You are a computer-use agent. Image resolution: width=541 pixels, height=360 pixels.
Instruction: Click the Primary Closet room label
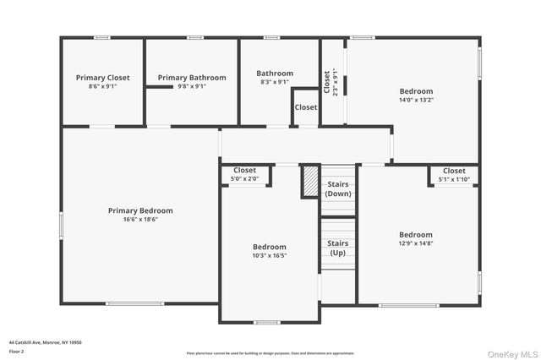(x=102, y=78)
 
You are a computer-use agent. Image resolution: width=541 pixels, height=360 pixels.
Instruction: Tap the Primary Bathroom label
(x=192, y=78)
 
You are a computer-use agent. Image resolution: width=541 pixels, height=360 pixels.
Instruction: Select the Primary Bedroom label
(x=140, y=210)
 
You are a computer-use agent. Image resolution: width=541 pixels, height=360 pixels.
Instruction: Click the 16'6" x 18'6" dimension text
(x=140, y=220)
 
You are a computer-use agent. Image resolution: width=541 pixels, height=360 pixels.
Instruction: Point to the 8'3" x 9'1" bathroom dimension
(x=275, y=83)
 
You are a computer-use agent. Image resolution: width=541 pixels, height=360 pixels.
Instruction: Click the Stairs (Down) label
(x=338, y=188)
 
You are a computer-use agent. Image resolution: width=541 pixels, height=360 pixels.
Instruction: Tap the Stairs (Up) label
(x=337, y=248)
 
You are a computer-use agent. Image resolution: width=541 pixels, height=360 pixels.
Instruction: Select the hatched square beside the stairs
(x=310, y=182)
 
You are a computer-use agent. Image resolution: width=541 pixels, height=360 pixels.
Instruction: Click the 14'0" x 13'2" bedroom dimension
(x=416, y=100)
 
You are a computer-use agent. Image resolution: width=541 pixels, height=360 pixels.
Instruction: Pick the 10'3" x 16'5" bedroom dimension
(x=270, y=255)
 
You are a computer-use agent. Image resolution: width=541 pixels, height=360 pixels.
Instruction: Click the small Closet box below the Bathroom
(x=305, y=107)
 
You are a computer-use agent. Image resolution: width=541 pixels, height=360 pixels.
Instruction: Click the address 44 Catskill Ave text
(x=45, y=342)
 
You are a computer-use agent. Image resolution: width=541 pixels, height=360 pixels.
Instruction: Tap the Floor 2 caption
(x=18, y=352)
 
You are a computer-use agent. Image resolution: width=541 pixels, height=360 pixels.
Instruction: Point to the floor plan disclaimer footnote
(x=270, y=352)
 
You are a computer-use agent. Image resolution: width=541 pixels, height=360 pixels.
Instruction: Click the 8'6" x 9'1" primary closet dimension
(x=102, y=86)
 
